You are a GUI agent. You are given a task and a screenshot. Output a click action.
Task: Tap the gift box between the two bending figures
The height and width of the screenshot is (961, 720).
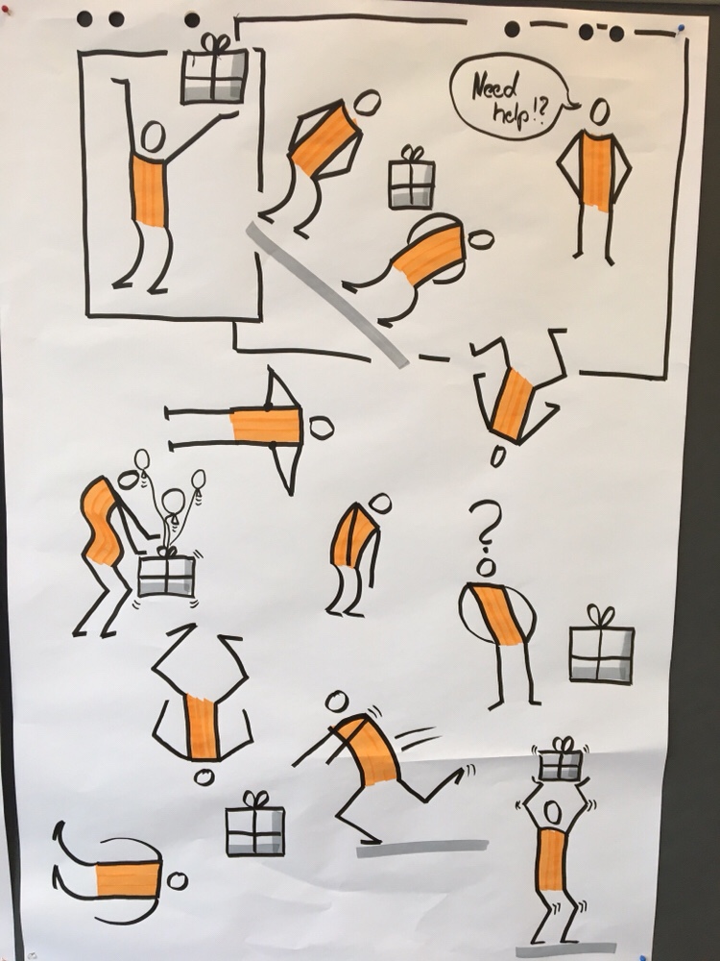[412, 178]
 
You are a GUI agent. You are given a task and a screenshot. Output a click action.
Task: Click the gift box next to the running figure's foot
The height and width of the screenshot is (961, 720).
[255, 825]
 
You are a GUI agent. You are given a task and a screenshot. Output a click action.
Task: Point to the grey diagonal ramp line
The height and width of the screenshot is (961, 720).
[327, 295]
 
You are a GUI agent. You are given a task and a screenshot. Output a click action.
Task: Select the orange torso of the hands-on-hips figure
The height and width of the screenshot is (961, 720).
[596, 172]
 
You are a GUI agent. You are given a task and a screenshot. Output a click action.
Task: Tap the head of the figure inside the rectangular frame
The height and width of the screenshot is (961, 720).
[153, 137]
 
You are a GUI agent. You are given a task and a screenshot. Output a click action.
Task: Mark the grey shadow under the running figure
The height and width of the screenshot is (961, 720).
[422, 848]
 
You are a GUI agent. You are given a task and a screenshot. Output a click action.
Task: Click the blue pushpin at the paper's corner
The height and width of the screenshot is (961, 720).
[681, 28]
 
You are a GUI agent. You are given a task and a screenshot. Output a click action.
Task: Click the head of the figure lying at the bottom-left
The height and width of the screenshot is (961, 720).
[178, 881]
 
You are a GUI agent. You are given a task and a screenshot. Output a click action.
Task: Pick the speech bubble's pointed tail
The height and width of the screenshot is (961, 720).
[573, 106]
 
